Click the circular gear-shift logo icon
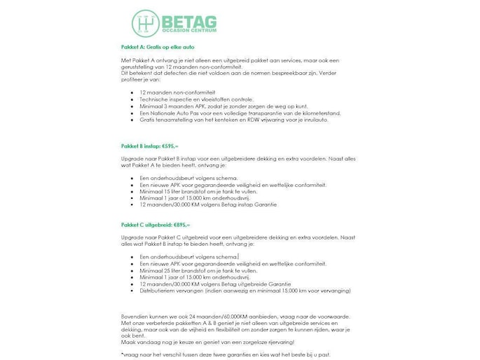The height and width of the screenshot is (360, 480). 146,22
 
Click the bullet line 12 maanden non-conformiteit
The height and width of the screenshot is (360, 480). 177,92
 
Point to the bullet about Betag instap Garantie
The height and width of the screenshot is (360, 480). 208,205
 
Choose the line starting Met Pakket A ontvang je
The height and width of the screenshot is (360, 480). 238,60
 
